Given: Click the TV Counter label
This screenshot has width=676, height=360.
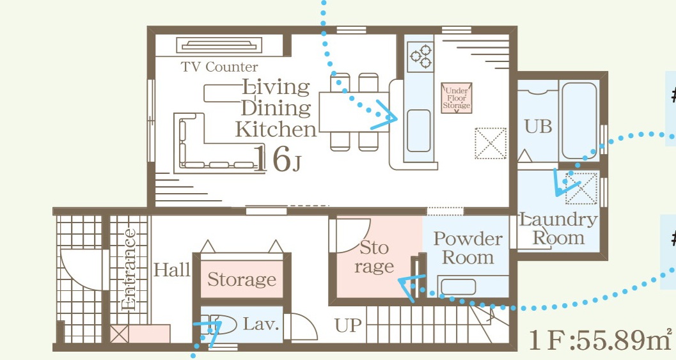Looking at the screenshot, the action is pos(219,67).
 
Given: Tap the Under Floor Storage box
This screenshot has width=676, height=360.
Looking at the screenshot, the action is pos(457,98).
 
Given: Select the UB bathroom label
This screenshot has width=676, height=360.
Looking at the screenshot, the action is pos(538,127).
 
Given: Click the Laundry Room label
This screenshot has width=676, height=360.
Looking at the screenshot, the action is pos(558,228).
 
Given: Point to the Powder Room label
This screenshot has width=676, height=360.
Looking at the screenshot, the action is pos(468,248).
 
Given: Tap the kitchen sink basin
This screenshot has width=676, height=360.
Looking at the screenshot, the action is pos(419,130).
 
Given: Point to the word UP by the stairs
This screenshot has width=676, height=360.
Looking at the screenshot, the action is pos(348,325).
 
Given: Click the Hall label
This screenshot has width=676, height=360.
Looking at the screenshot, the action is pos(172,270).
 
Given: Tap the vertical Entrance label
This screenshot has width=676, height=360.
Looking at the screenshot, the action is pos(129,270).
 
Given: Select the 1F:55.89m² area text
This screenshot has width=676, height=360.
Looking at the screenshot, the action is pos(600,341).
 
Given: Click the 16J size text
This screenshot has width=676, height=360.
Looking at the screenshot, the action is pos(276,159).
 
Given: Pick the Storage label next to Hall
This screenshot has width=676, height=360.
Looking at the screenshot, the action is pos(242,279).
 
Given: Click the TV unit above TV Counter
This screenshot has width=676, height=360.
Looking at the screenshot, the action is pos(219,45).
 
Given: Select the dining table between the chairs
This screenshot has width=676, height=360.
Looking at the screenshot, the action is pos(354,112).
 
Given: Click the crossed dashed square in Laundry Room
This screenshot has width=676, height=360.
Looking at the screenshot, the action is pos(581,188).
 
